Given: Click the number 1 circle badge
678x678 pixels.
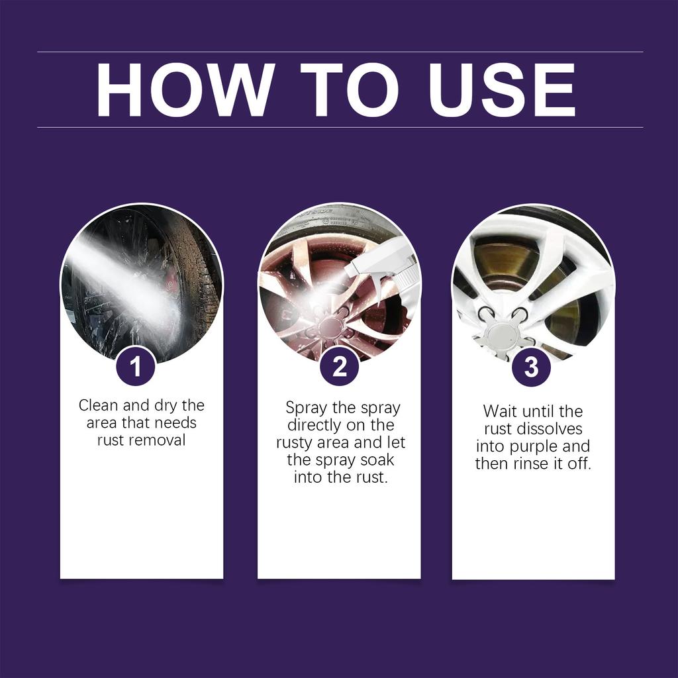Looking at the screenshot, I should coord(136,366).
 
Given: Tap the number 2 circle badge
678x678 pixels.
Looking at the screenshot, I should coord(339,366).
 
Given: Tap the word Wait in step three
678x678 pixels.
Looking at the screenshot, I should coord(499,411).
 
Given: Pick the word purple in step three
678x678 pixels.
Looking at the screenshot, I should coord(533,446).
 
